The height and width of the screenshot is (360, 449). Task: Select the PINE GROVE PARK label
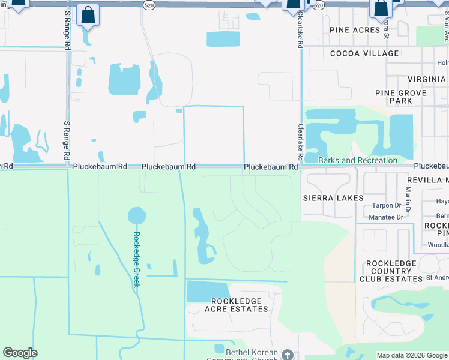(x=400, y=97)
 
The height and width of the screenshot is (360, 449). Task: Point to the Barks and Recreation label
(x=358, y=160)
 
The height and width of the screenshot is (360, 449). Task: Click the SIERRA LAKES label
(x=333, y=197)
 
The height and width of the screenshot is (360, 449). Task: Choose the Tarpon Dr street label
(x=386, y=205)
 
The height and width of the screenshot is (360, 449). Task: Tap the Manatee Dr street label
(x=386, y=217)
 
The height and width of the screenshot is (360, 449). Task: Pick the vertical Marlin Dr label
(x=408, y=200)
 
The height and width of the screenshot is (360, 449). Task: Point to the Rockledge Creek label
(x=136, y=259)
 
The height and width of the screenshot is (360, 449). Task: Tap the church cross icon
(x=288, y=355)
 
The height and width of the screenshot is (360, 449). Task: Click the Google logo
(x=20, y=353)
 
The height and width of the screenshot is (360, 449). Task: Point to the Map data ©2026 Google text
(x=411, y=355)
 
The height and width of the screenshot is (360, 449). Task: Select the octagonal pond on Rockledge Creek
(x=137, y=215)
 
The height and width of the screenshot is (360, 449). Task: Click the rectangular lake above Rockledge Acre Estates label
(x=208, y=291)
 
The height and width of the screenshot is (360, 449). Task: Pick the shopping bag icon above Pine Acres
(x=381, y=8)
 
